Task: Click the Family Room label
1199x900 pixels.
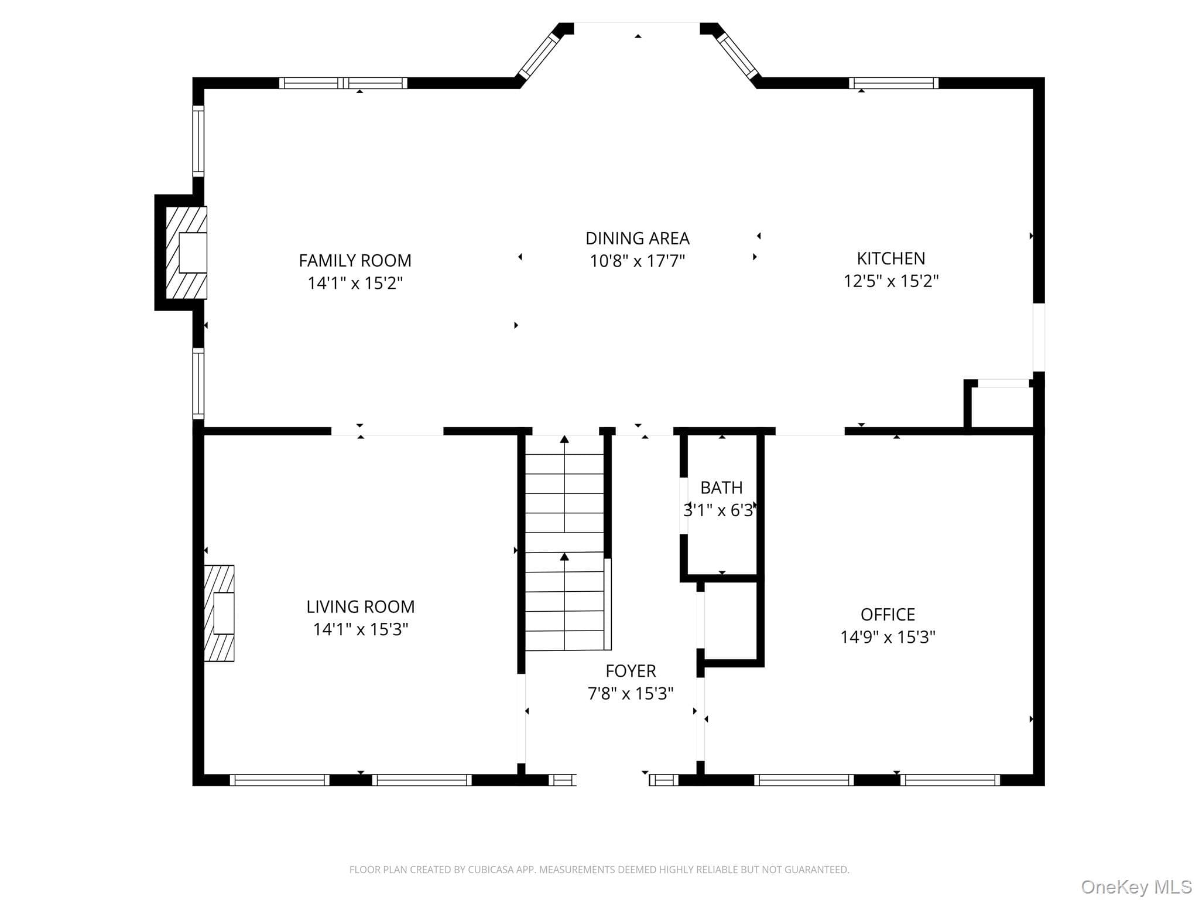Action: pos(355,260)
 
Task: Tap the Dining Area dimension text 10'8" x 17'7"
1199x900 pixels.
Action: pos(637,261)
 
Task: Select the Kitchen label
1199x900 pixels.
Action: pos(890,258)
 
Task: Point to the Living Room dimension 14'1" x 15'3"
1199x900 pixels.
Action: pos(360,629)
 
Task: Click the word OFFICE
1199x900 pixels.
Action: pos(888,615)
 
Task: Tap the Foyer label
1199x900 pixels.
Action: pos(631,671)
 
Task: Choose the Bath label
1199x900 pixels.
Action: pos(721,487)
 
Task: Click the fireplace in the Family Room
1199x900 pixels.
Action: pos(186,253)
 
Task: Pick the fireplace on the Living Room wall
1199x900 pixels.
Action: pos(219,613)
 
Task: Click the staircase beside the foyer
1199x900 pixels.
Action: pos(565,543)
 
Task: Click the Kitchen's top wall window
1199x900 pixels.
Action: pos(893,83)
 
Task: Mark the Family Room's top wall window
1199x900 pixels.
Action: pos(343,83)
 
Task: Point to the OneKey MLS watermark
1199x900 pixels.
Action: pos(1136,887)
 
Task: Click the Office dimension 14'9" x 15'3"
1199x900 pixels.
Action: pos(888,637)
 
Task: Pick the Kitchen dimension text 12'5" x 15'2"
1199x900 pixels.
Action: pos(890,281)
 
